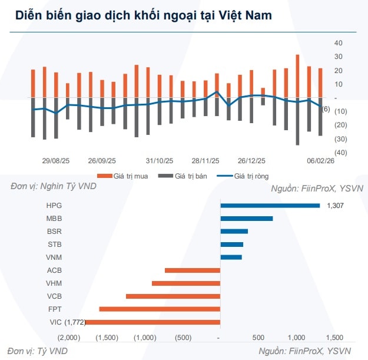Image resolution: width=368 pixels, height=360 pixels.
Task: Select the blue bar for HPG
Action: pyautogui.click(x=270, y=206)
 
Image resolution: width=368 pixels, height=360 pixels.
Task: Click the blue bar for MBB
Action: pyautogui.click(x=246, y=219)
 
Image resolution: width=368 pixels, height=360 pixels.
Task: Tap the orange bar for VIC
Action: pyautogui.click(x=152, y=322)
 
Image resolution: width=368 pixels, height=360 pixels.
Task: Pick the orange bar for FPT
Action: pyautogui.click(x=160, y=309)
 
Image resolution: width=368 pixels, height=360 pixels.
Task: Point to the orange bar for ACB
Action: pyautogui.click(x=193, y=270)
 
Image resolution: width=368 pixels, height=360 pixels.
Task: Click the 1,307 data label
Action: pyautogui.click(x=334, y=206)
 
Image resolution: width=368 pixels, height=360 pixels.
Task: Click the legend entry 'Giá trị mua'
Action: pyautogui.click(x=127, y=176)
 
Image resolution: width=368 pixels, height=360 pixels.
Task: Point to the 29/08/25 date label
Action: pyautogui.click(x=56, y=160)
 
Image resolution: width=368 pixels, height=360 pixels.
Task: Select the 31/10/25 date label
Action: pyautogui.click(x=160, y=160)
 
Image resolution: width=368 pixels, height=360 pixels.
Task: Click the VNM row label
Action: pyautogui.click(x=54, y=257)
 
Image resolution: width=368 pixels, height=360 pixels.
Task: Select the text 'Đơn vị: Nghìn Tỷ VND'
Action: pyautogui.click(x=53, y=186)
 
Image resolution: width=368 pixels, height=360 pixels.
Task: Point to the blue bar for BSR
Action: pyautogui.click(x=234, y=232)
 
